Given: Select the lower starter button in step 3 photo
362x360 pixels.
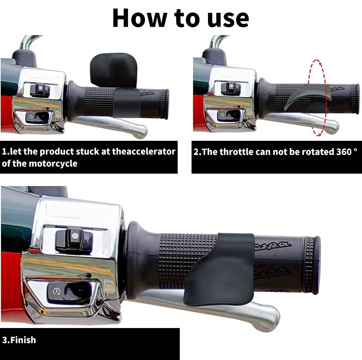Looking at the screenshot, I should pos(56,291).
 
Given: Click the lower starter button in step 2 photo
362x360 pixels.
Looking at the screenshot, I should pos(222,115).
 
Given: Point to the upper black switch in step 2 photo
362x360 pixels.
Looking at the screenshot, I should pos(231,87).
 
